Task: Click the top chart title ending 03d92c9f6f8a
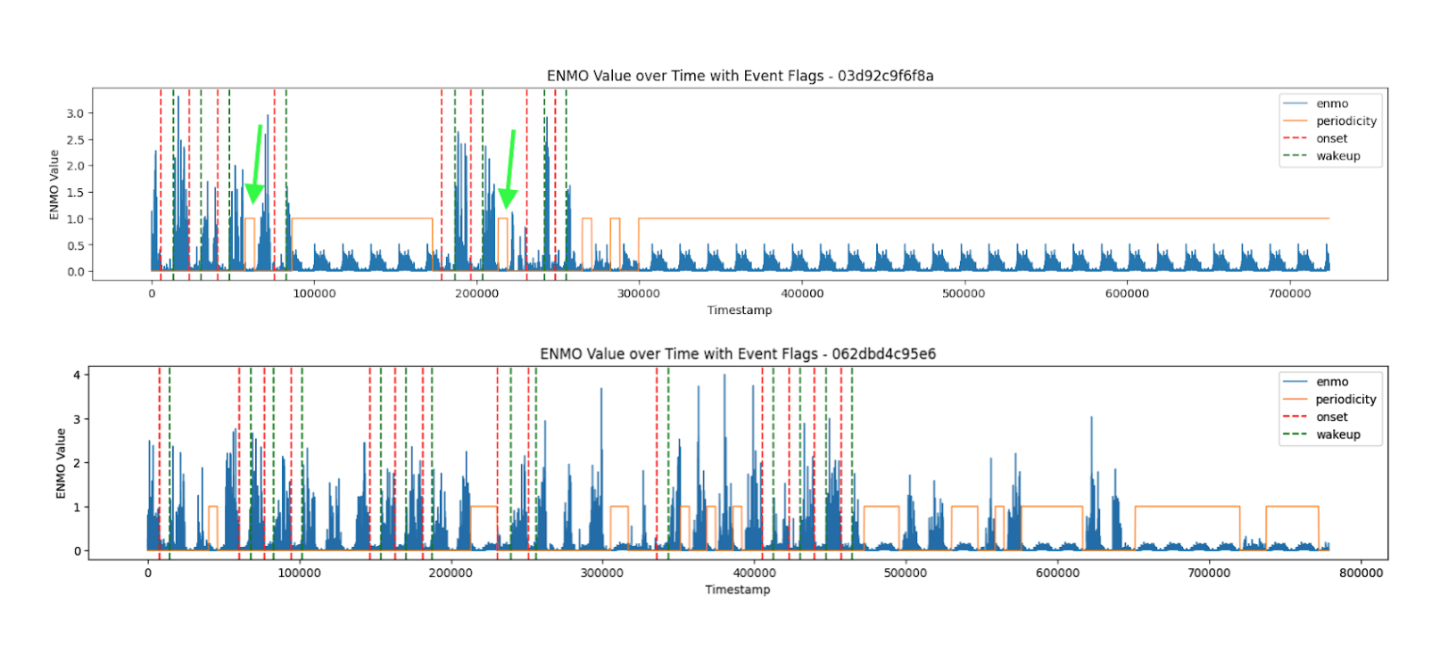740,76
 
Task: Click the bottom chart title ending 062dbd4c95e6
738,354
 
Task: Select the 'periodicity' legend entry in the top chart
1345,121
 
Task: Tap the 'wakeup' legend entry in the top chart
1337,156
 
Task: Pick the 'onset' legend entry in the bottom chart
1331,417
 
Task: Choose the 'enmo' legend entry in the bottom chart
1331,382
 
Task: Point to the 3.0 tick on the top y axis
75,113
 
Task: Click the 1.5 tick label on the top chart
75,193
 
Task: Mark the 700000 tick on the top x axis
1289,293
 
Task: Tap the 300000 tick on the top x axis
639,293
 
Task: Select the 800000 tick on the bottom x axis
1361,573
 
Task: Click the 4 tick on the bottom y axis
77,375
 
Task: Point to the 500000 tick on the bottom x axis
905,573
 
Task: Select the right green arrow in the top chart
509,170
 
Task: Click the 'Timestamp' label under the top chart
740,310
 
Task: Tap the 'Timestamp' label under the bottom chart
738,590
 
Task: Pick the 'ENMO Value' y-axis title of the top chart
54,185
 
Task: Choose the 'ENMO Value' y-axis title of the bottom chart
61,463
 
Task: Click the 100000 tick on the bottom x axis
299,573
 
